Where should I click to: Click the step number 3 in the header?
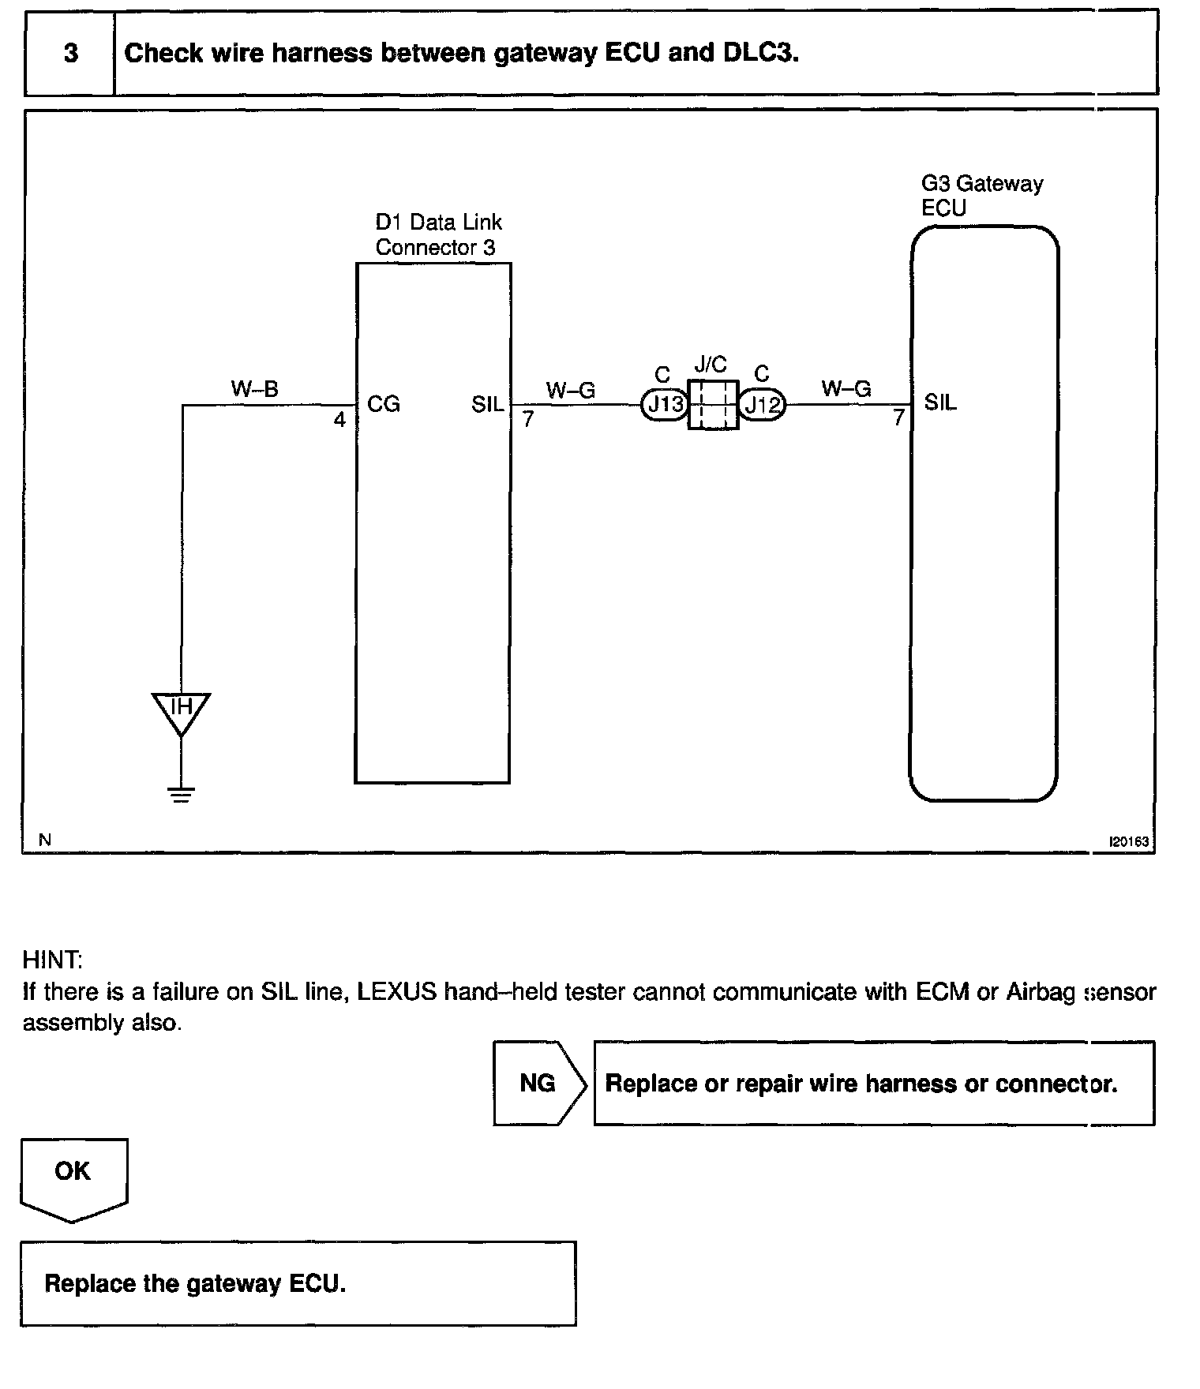point(70,54)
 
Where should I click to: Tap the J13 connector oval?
point(665,405)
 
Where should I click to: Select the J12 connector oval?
point(762,405)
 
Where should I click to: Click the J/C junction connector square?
point(713,405)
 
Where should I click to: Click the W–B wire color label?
point(254,388)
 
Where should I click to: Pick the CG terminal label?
point(384,405)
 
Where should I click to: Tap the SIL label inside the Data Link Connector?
point(487,405)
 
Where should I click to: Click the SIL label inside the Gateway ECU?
point(940,403)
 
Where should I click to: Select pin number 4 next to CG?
point(339,420)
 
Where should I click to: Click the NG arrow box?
point(539,1083)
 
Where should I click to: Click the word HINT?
point(52,960)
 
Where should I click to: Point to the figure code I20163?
point(1129,841)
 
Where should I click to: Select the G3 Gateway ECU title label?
point(981,196)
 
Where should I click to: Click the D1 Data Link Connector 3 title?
point(438,234)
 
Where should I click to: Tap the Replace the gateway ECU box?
point(298,1283)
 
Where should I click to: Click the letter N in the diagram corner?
point(45,841)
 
